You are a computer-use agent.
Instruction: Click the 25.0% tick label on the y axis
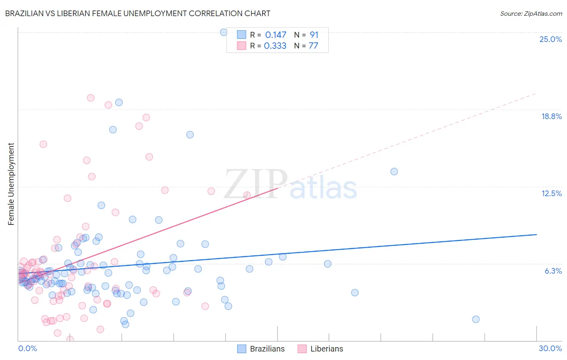click(550, 39)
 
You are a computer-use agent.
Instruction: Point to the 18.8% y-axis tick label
click(551, 116)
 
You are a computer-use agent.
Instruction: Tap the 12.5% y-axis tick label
click(551, 193)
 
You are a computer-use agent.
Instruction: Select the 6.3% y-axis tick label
click(553, 271)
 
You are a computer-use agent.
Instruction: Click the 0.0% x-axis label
click(27, 348)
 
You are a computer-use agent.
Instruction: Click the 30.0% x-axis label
click(550, 348)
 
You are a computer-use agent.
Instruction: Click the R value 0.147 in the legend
click(275, 35)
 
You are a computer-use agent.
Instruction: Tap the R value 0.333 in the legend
click(275, 46)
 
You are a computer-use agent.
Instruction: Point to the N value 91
click(314, 35)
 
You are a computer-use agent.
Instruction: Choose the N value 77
click(313, 46)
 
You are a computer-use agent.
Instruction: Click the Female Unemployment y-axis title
click(11, 184)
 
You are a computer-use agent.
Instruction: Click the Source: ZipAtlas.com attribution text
click(531, 14)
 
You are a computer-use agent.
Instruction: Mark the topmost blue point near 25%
click(224, 32)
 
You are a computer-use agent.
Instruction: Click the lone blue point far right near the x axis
click(476, 319)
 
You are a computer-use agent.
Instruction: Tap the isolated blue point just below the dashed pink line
click(394, 172)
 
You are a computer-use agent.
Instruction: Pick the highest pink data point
click(91, 98)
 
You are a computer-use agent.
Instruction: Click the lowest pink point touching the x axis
click(70, 339)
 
